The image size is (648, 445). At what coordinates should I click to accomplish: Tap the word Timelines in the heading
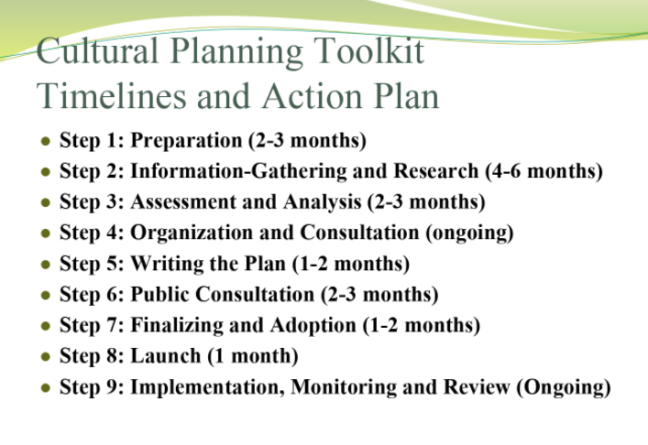click(x=111, y=96)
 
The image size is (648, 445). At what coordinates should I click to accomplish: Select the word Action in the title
click(x=313, y=96)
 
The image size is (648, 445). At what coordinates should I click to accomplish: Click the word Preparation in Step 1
click(x=186, y=141)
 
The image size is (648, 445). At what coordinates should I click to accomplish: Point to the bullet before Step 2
click(x=46, y=172)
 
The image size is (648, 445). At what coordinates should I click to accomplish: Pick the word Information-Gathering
click(x=238, y=171)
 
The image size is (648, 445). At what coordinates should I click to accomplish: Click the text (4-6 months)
click(x=544, y=171)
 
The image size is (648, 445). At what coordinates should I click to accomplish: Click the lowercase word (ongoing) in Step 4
click(x=469, y=233)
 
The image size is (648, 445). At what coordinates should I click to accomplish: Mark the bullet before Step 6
click(x=46, y=295)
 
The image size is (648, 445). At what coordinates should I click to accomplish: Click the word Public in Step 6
click(x=159, y=294)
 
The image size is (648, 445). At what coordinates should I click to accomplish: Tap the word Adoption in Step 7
click(x=313, y=325)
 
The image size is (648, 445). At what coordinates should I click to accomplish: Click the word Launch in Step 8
click(x=166, y=356)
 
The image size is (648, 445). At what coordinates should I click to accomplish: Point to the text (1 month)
click(x=253, y=356)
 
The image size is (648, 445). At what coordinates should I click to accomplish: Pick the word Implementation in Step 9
click(x=207, y=387)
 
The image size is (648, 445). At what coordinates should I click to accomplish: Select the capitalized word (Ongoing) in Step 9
click(x=564, y=387)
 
